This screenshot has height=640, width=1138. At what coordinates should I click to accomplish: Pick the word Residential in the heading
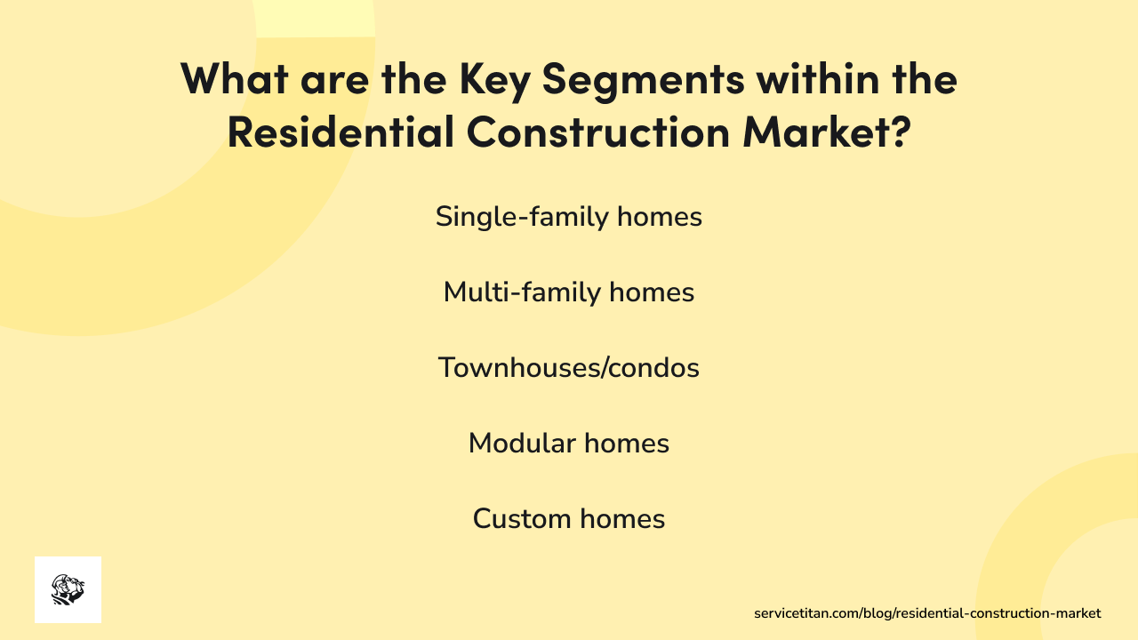point(339,131)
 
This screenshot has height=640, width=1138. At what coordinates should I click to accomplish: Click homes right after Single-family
point(660,217)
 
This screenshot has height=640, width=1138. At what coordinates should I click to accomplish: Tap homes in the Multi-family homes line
point(652,292)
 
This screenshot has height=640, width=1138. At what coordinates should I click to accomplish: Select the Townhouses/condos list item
point(569,368)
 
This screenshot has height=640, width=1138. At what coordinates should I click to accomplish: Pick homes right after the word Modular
point(627,444)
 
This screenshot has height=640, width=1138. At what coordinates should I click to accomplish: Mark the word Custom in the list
point(521,519)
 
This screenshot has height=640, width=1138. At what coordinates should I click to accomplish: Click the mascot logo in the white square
point(68,589)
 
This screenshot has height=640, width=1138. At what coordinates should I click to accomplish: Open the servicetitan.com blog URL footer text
point(927,613)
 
